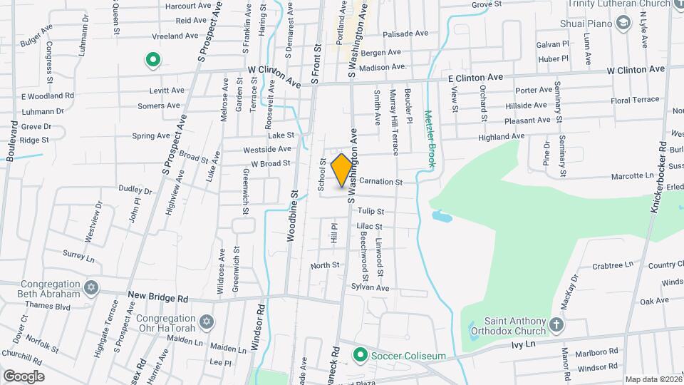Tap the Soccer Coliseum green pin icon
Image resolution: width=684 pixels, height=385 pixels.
[361, 354]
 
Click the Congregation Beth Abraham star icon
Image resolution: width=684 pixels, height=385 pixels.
[90, 288]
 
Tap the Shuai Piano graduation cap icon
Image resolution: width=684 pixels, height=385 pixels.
[624, 24]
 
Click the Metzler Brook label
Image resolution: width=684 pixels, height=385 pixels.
[430, 138]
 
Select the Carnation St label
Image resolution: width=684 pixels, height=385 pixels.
[381, 183]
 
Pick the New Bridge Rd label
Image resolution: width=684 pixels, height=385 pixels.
[157, 295]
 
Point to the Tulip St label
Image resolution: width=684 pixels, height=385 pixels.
[370, 211]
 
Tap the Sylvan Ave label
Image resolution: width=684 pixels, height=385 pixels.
[370, 287]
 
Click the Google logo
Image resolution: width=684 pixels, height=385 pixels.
[24, 376]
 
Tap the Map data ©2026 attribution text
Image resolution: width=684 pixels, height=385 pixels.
[653, 379]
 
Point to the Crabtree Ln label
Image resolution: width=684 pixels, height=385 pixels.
[613, 265]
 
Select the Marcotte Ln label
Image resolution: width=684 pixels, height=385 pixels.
[639, 175]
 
